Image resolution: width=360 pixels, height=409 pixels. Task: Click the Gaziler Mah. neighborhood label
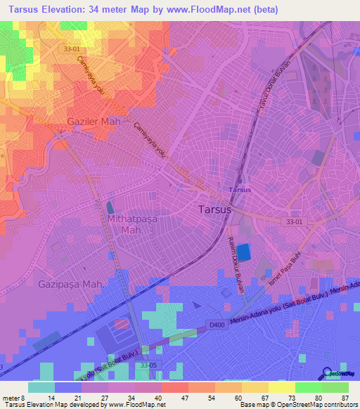point(95,122)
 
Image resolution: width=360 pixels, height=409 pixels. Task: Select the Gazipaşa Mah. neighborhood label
point(70,284)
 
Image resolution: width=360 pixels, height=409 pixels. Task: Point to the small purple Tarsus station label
point(240,190)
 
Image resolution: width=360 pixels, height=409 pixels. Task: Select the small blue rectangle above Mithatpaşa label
point(110,208)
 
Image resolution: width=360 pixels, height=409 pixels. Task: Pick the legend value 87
point(346,398)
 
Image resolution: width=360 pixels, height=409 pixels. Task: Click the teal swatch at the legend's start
point(41,387)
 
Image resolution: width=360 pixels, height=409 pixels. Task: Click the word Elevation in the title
point(71,10)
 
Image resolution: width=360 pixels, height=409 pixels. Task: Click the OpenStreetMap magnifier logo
point(328,375)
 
